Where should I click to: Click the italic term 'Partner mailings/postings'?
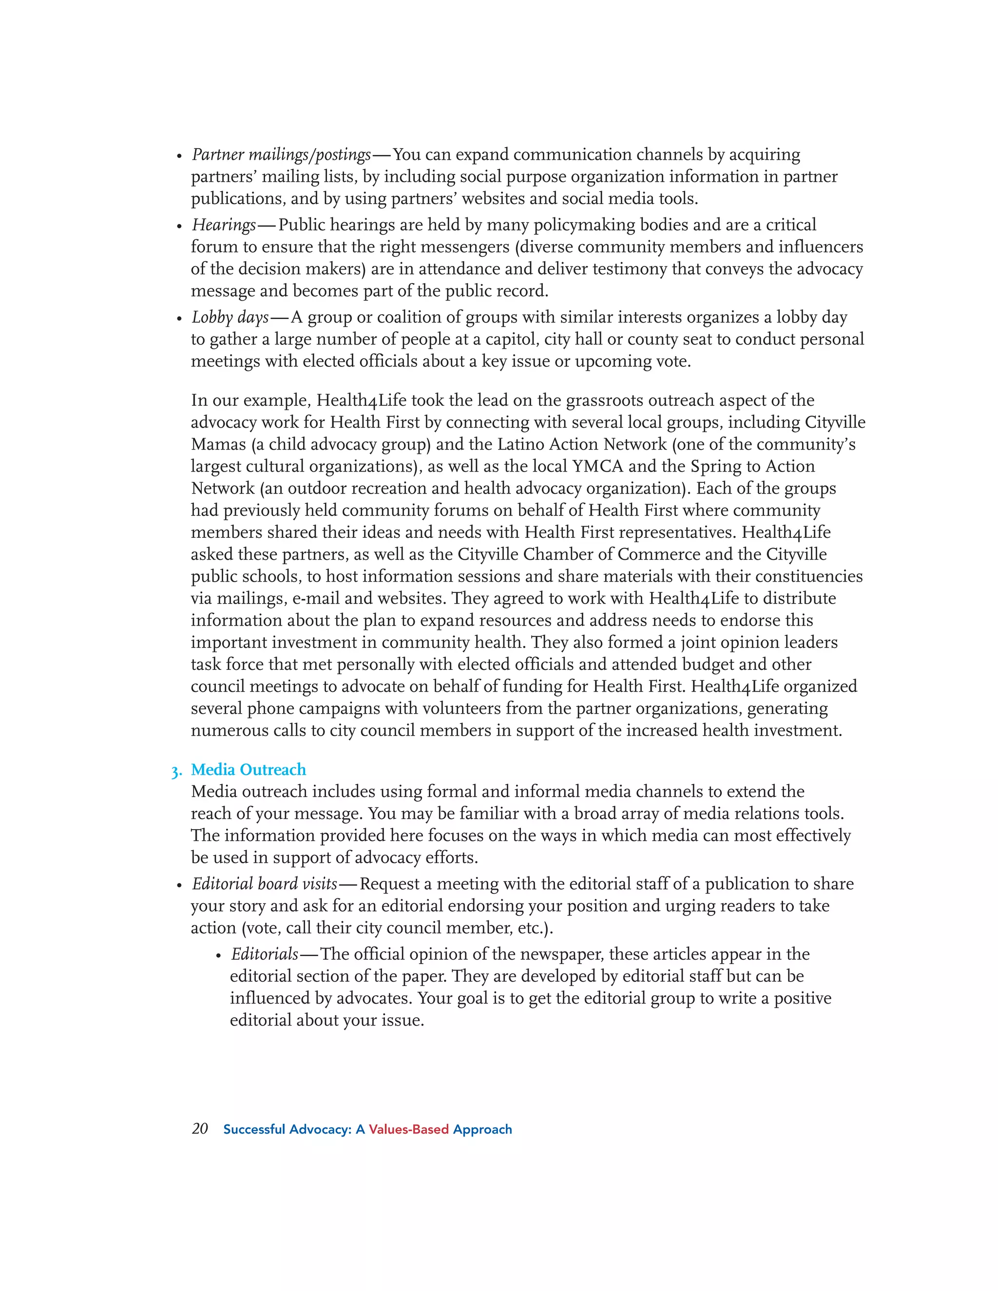(x=281, y=155)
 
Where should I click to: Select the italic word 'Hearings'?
(x=224, y=225)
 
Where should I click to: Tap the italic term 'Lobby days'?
(x=230, y=318)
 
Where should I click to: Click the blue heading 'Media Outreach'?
(x=249, y=770)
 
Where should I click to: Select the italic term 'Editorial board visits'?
(x=264, y=884)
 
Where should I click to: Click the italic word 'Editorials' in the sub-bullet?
(x=264, y=954)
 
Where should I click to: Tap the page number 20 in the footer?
(x=200, y=1129)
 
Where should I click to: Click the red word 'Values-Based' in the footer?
(x=408, y=1130)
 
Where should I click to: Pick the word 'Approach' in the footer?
(x=482, y=1130)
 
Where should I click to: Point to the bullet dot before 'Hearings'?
(x=179, y=227)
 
